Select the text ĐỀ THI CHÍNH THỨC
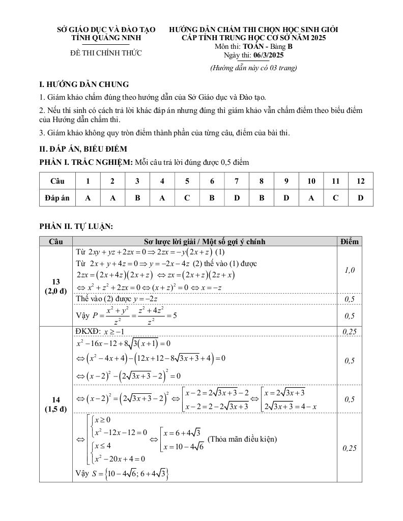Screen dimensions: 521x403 click(106, 53)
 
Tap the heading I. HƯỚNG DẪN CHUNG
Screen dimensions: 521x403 click(84, 84)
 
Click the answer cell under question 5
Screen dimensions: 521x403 click(187, 198)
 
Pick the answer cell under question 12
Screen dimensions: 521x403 click(360, 198)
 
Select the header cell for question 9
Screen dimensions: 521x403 click(286, 181)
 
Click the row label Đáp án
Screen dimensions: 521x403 click(57, 198)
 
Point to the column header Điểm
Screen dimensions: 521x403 click(349, 241)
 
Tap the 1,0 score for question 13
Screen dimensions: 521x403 click(349, 270)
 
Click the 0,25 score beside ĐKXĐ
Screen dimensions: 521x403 click(349, 332)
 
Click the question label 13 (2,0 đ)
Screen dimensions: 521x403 click(56, 286)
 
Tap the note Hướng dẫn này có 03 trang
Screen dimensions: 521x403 click(253, 68)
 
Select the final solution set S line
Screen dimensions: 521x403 click(122, 474)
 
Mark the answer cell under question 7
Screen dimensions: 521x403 click(237, 198)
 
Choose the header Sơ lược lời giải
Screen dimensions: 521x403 click(205, 241)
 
